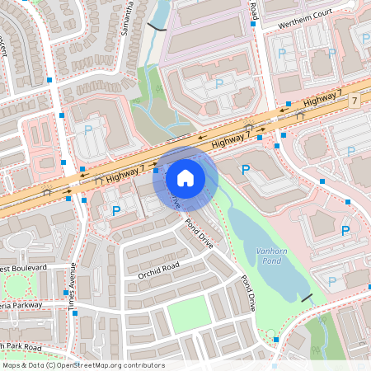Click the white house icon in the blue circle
185,177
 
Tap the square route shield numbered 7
355,101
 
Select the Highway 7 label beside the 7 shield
322,99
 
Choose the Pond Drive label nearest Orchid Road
199,234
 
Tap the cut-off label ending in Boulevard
24,269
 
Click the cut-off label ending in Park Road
21,345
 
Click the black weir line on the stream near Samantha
155,26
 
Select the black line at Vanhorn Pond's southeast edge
307,297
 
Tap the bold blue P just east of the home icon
245,170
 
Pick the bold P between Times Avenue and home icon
115,211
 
